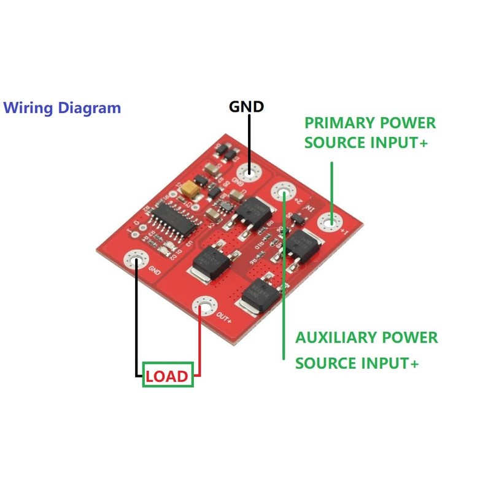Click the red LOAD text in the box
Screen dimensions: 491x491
(x=168, y=376)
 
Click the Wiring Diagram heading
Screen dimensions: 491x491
(x=62, y=108)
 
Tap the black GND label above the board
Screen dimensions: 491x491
(x=247, y=106)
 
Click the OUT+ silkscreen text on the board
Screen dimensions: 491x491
(x=225, y=319)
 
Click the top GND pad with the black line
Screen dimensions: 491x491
(x=249, y=172)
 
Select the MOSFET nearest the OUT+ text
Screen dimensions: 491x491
(x=258, y=294)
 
